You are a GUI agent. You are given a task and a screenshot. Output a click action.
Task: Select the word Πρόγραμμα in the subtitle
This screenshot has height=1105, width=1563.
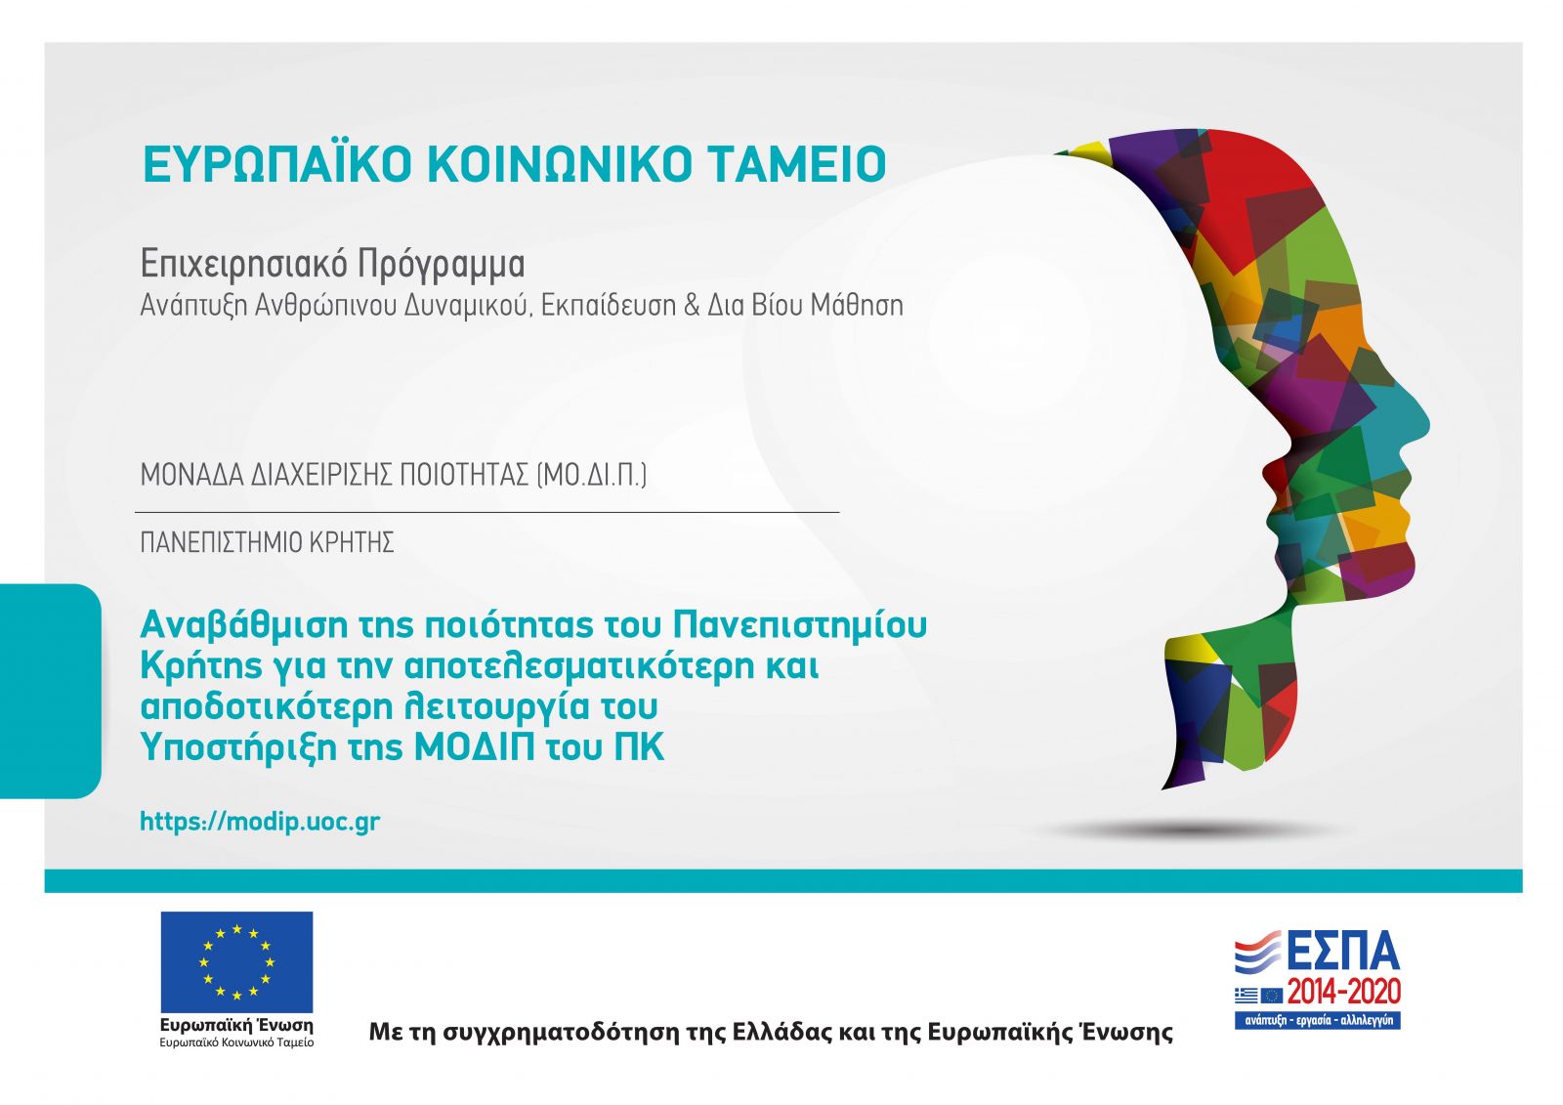pyautogui.click(x=441, y=265)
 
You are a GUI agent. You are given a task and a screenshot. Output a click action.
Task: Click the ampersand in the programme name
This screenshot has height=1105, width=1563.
pyautogui.click(x=692, y=305)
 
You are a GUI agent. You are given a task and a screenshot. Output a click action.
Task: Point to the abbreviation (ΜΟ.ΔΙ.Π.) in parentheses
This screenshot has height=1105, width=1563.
pyautogui.click(x=592, y=475)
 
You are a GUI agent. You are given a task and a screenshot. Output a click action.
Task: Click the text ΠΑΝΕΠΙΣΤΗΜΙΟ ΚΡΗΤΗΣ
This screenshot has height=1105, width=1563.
pyautogui.click(x=268, y=542)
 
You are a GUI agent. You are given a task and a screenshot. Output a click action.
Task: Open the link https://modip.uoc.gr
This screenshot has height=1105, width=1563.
pyautogui.click(x=260, y=822)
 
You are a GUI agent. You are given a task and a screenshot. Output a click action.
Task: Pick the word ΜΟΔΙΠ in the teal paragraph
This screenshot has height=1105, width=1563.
pyautogui.click(x=475, y=746)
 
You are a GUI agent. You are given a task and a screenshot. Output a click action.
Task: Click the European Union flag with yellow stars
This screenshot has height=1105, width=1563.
pyautogui.click(x=236, y=962)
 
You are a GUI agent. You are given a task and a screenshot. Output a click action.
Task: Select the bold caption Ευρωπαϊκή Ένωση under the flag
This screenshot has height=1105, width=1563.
pyautogui.click(x=236, y=1026)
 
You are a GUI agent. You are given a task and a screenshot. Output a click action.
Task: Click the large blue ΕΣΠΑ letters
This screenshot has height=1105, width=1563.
pyautogui.click(x=1343, y=951)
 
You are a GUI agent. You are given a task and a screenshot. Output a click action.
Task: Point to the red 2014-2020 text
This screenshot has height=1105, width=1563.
pyautogui.click(x=1344, y=992)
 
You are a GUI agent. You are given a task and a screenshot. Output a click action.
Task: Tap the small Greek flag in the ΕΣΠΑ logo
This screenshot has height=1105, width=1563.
pyautogui.click(x=1246, y=995)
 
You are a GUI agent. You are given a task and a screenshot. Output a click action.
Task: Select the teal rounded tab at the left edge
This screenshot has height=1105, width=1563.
pyautogui.click(x=50, y=691)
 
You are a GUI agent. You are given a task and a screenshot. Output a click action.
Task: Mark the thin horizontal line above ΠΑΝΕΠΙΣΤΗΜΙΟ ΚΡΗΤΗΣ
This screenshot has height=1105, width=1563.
pyautogui.click(x=487, y=512)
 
